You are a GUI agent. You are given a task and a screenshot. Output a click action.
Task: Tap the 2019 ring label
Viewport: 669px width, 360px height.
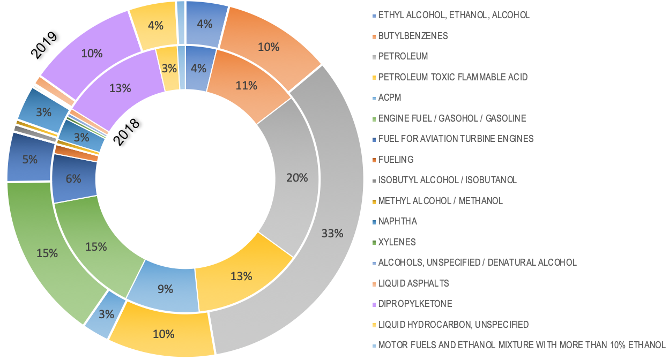point(44,45)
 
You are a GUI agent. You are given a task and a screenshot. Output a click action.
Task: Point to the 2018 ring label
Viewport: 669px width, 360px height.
point(127,131)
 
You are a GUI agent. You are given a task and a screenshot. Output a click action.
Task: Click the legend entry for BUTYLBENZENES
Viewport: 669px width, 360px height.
point(413,36)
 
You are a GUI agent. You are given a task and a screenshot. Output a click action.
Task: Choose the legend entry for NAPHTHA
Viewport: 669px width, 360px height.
point(397,221)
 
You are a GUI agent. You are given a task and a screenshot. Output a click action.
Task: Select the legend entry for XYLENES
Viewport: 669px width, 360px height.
point(397,242)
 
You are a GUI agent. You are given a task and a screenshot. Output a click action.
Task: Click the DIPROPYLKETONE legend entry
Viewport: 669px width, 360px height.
point(415,304)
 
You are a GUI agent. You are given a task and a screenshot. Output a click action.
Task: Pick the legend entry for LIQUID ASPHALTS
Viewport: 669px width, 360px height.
point(413,283)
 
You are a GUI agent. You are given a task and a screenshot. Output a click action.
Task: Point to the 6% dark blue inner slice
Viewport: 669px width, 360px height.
point(74,178)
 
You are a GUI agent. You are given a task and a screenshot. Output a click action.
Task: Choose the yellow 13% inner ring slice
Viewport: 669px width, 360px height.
point(240,276)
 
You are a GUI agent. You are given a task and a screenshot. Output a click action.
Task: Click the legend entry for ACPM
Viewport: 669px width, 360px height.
point(389,97)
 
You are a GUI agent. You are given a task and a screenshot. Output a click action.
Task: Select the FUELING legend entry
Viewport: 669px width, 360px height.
point(396,160)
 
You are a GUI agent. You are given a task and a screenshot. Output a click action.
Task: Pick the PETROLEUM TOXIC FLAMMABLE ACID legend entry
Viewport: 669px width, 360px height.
point(452,77)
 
